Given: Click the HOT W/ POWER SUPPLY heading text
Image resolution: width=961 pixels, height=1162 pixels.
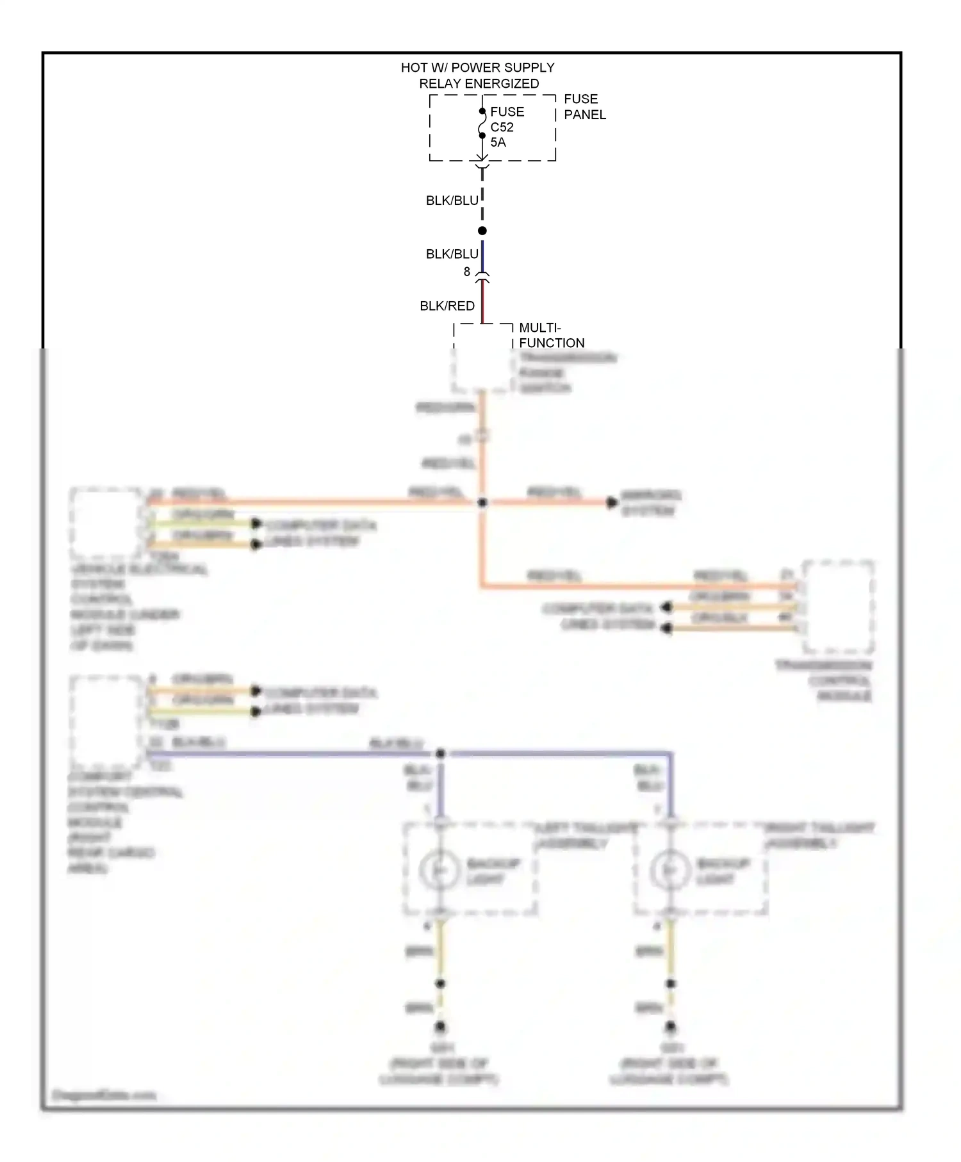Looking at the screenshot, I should (477, 68).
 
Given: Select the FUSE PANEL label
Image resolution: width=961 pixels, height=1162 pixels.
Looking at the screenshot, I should (584, 107).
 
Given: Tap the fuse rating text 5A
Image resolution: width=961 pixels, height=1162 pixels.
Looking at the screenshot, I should (498, 142).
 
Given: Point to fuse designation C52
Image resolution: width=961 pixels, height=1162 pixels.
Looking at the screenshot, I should (502, 127).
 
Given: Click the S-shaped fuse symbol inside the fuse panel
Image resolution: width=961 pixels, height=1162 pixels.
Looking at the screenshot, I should (482, 124).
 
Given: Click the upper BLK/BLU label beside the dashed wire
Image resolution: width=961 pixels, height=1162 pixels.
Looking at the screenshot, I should (452, 200).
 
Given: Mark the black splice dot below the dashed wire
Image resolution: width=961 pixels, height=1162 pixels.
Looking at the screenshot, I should (482, 231).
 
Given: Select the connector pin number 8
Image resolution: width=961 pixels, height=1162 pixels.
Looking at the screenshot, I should (467, 272).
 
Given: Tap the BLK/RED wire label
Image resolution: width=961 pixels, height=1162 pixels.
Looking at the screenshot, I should (447, 306).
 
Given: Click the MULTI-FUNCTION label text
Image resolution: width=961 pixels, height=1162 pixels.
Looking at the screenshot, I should (551, 335).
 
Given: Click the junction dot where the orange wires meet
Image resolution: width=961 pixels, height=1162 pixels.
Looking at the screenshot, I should (482, 503).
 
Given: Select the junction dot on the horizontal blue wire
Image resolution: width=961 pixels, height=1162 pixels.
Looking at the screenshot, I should (440, 754).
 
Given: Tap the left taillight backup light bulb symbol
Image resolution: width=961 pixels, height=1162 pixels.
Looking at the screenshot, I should (439, 870).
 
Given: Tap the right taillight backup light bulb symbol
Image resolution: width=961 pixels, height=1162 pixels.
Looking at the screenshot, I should (669, 870).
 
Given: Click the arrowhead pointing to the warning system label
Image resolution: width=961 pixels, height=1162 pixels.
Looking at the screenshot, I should (612, 503).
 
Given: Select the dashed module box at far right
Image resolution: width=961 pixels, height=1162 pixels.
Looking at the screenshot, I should (838, 606).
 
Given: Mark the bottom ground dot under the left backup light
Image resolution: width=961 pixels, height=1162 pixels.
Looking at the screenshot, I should (440, 1026).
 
